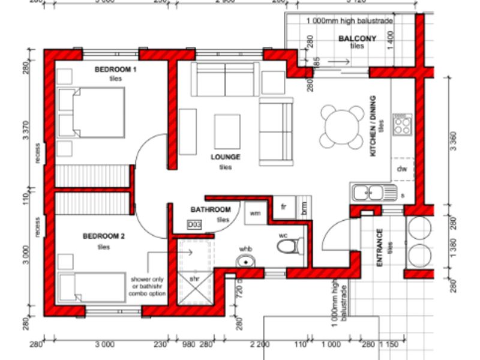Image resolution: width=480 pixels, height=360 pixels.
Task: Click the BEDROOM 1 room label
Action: point(116,70)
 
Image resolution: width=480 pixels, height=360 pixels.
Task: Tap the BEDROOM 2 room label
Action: point(104,236)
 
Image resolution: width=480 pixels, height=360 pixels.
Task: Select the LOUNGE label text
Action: point(226,157)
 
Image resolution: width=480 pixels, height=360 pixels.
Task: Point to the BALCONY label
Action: point(357,39)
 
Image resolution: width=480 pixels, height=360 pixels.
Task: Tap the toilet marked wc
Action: point(291,245)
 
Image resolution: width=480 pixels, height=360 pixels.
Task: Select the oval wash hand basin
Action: point(245,262)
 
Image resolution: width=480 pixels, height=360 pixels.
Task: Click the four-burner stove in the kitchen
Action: point(402,125)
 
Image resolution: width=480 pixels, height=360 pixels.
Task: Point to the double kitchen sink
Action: point(374,193)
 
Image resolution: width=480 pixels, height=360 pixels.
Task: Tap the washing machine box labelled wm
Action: point(256,212)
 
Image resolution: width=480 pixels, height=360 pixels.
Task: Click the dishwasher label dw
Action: point(401,169)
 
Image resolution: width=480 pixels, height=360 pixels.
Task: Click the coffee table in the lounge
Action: point(227,131)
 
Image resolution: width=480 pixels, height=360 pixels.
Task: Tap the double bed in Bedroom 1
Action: point(91,113)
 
